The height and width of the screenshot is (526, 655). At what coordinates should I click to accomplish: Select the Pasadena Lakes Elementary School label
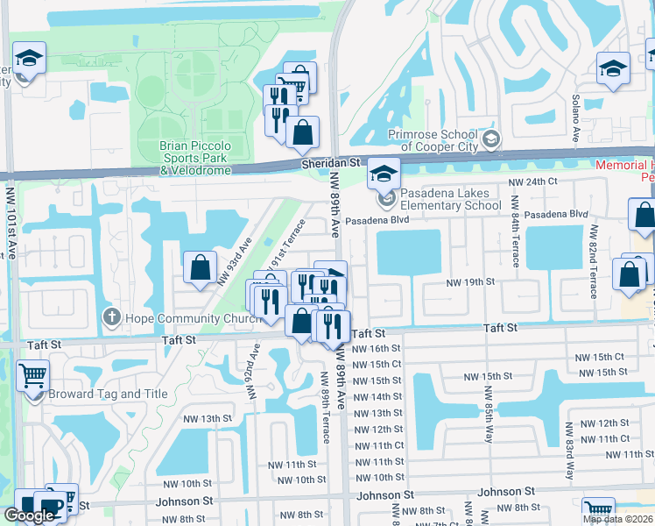(451, 199)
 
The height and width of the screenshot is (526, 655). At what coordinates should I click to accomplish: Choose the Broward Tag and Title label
(109, 394)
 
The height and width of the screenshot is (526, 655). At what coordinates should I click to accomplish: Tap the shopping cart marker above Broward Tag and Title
(32, 376)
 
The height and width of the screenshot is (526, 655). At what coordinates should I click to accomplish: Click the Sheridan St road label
(330, 163)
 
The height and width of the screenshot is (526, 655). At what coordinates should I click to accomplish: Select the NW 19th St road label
(470, 282)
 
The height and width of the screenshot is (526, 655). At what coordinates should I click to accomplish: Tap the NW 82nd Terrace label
(594, 260)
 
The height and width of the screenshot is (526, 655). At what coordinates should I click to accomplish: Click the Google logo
(29, 515)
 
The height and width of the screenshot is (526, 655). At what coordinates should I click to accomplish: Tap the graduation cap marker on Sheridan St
(383, 174)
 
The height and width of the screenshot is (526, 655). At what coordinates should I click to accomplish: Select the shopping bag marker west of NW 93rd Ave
(201, 267)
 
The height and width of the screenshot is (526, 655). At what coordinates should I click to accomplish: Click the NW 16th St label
(377, 348)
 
